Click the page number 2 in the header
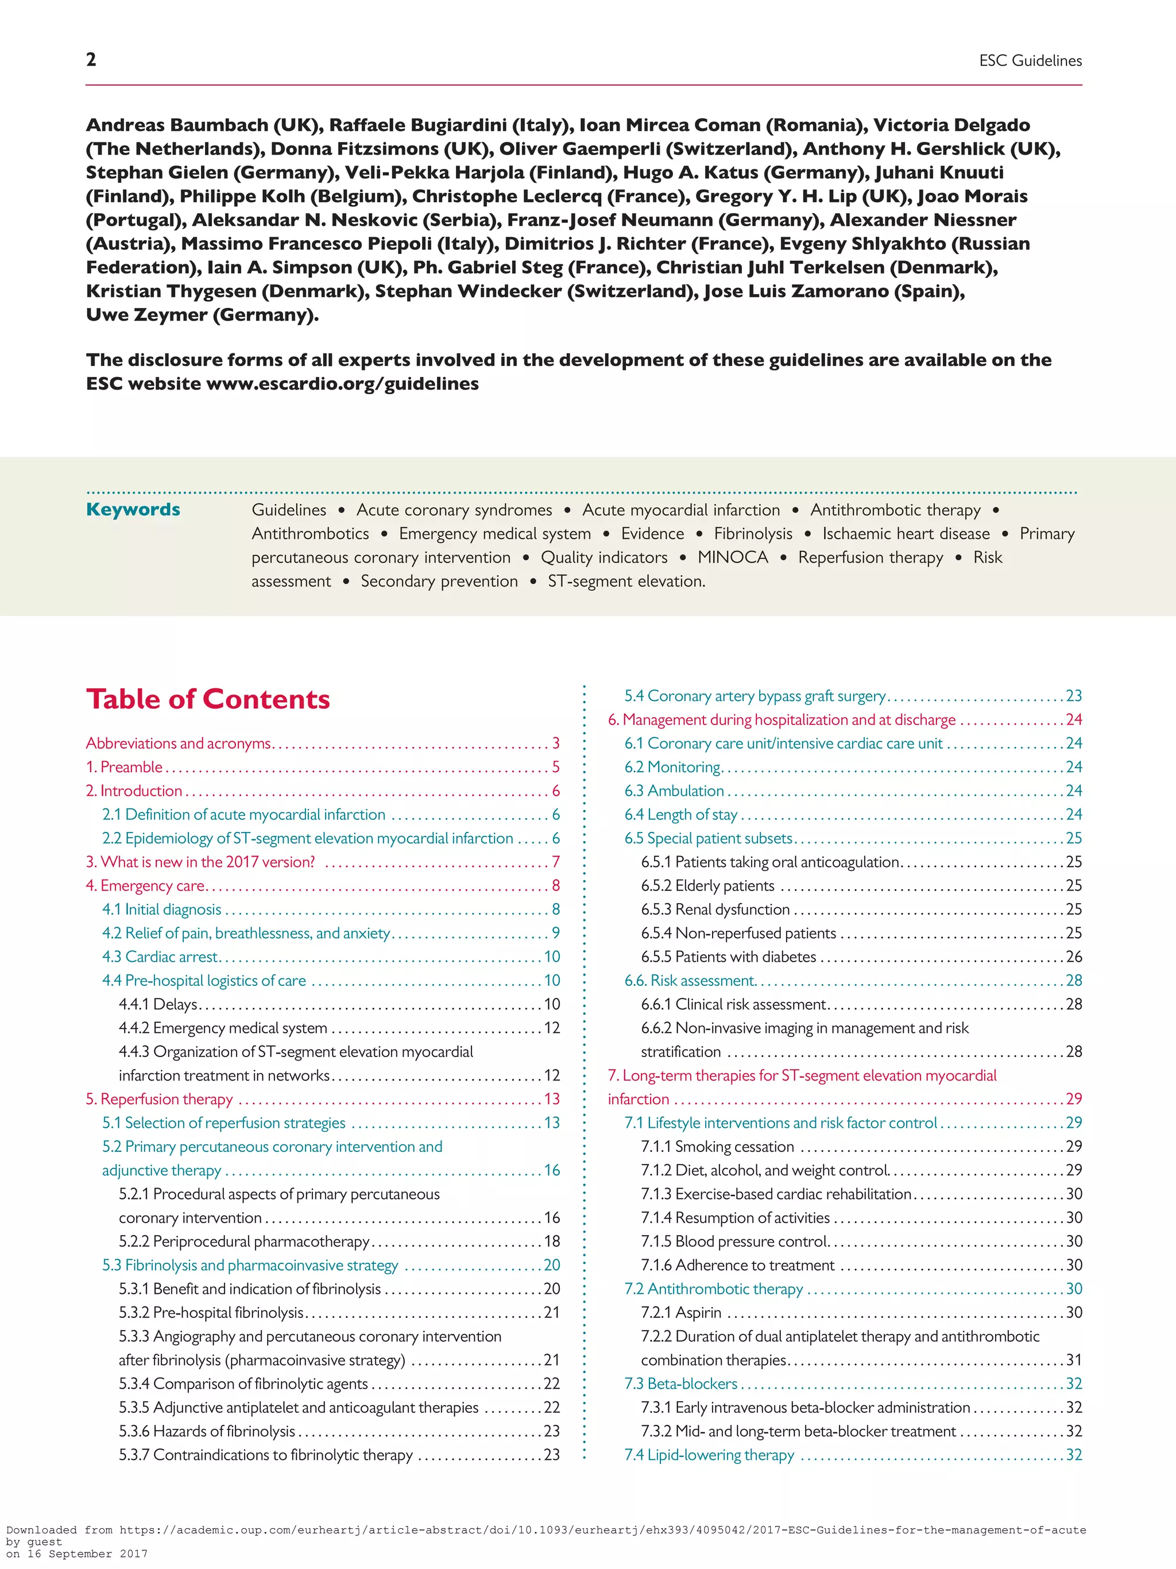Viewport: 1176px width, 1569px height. coord(91,60)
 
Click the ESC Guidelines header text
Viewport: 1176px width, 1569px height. coord(1030,61)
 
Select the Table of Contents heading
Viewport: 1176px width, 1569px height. coord(208,699)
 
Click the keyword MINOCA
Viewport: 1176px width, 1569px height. coord(732,557)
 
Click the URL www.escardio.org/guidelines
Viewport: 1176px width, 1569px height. coord(342,384)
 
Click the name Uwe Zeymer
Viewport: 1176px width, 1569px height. coord(147,315)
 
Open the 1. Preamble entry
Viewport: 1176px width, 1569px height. coord(125,767)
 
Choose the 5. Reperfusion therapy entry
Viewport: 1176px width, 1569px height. coord(160,1098)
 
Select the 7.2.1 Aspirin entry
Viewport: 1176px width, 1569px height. coord(681,1312)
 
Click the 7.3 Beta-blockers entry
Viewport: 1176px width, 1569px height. coord(680,1383)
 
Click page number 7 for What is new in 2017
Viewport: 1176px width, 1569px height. coord(556,862)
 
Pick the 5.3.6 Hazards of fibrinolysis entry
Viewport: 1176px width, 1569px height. coord(207,1431)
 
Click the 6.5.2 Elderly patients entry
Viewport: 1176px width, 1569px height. coord(707,885)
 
